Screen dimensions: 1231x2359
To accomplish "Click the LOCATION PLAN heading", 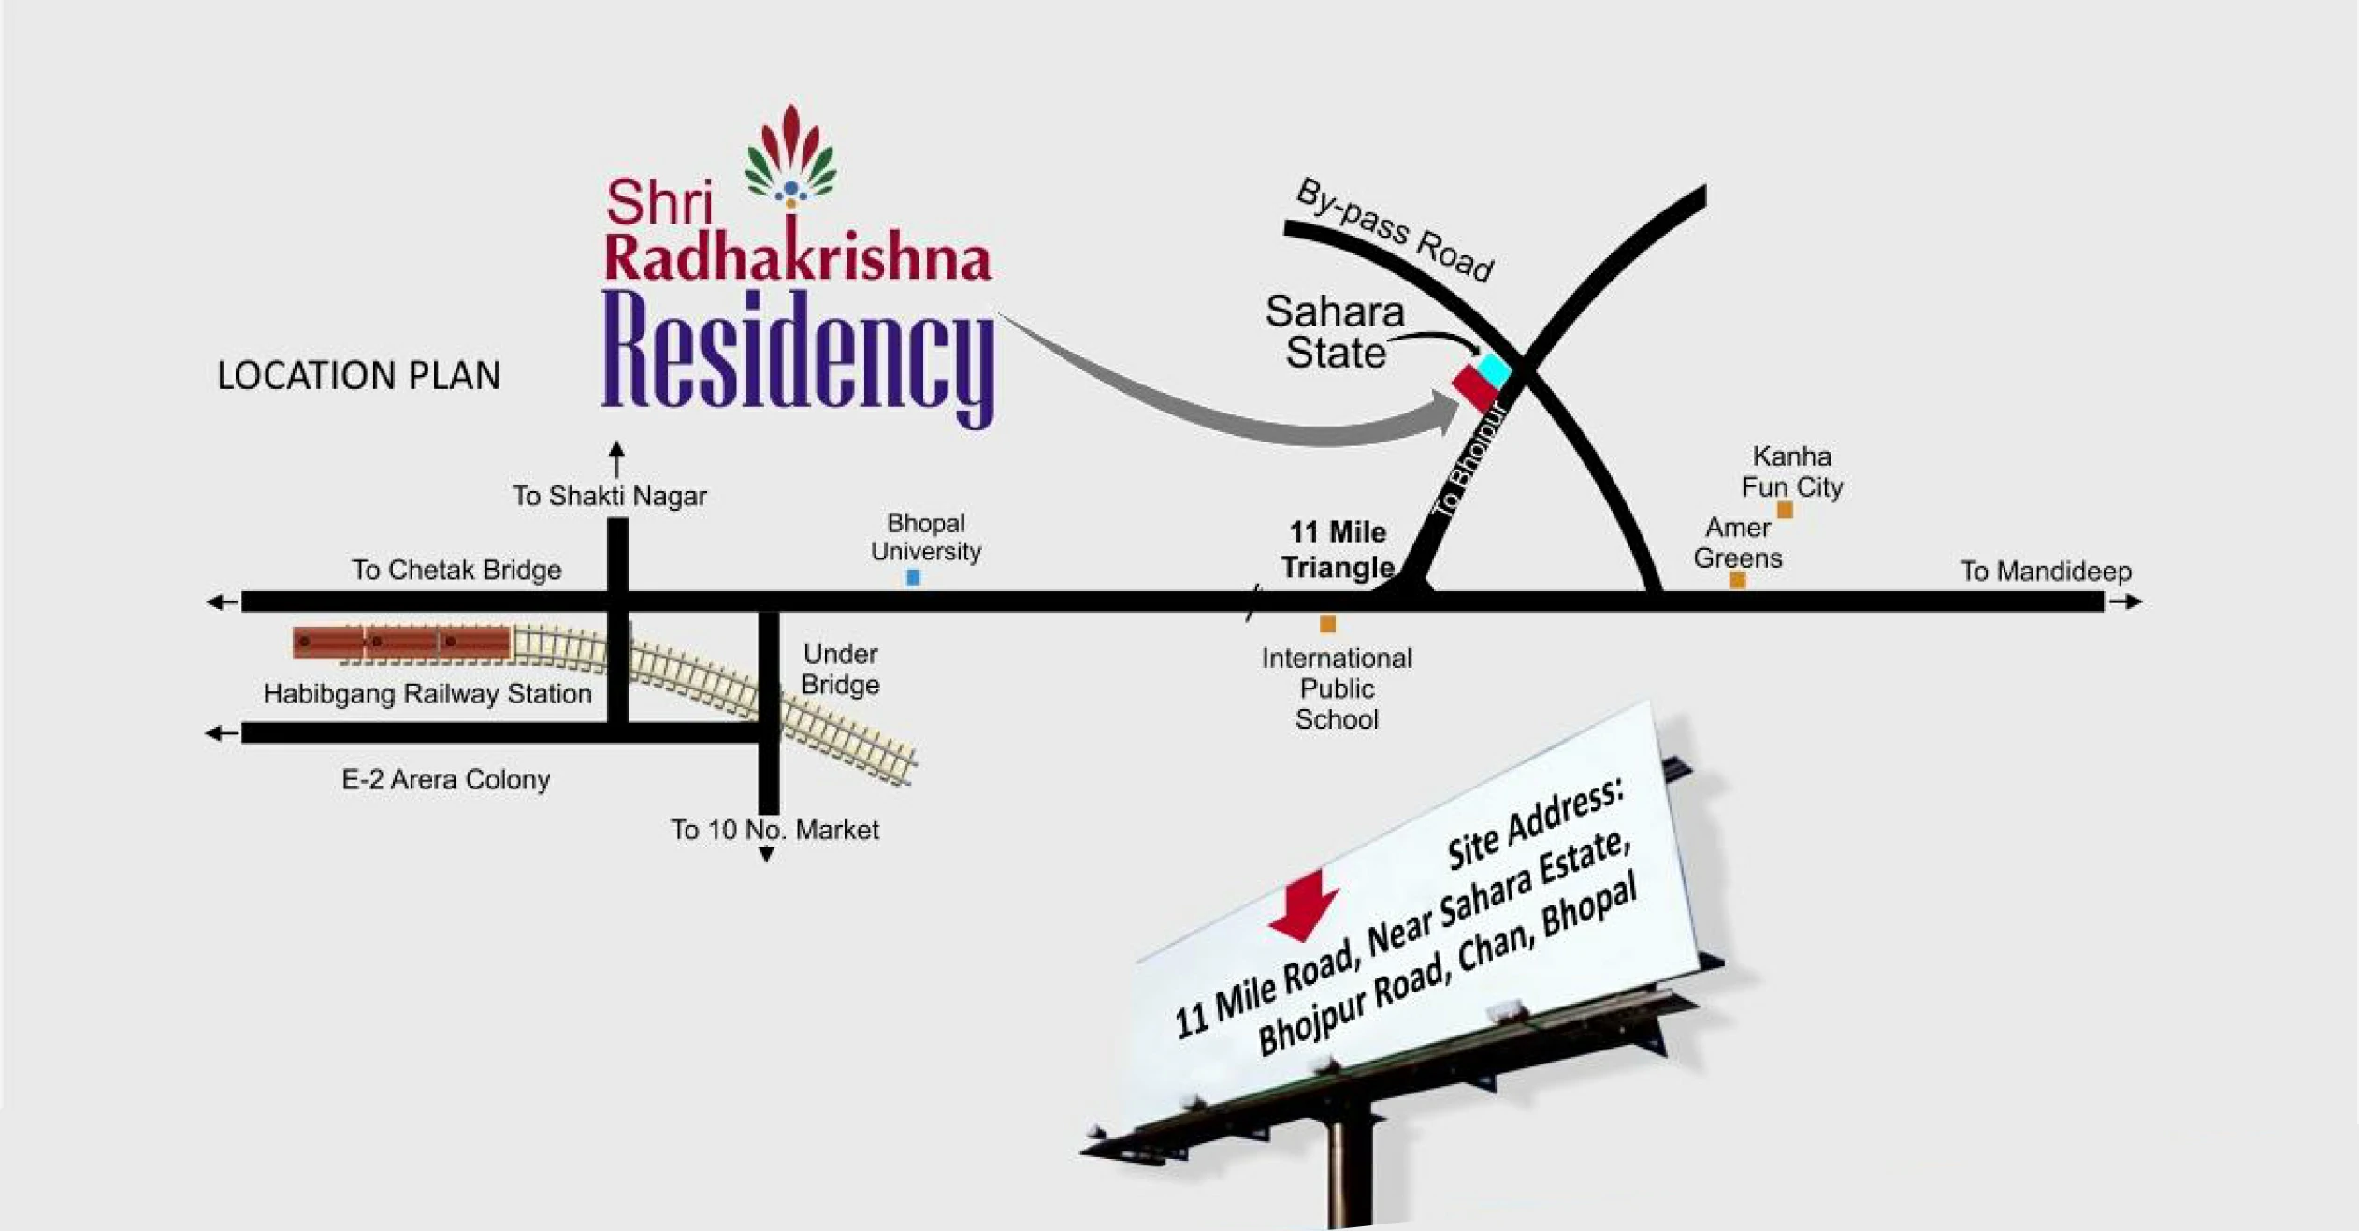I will pyautogui.click(x=358, y=375).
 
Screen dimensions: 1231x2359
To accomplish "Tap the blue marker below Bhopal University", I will pyautogui.click(x=913, y=578).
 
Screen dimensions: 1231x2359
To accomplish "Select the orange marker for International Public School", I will pyautogui.click(x=1327, y=624).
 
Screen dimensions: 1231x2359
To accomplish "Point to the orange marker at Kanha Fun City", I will pyautogui.click(x=1785, y=510).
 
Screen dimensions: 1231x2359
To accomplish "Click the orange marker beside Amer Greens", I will pyautogui.click(x=1737, y=580).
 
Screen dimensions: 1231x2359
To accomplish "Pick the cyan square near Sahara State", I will pyautogui.click(x=1494, y=369).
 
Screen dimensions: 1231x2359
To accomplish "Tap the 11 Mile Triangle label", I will pyautogui.click(x=1338, y=550).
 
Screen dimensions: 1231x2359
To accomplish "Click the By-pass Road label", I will pyautogui.click(x=1395, y=229).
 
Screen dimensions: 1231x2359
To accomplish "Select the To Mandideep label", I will pyautogui.click(x=2046, y=571).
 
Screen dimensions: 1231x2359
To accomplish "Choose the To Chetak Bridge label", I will pyautogui.click(x=456, y=570).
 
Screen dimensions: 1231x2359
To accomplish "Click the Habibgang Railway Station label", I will pyautogui.click(x=427, y=694).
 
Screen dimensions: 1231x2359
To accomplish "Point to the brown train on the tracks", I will pyautogui.click(x=401, y=642).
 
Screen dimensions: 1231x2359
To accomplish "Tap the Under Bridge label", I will pyautogui.click(x=840, y=669).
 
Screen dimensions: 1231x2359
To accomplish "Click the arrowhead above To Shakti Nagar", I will pyautogui.click(x=616, y=449).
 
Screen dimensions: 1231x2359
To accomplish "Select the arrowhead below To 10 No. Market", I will pyautogui.click(x=766, y=854).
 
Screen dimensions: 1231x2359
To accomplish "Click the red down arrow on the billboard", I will pyautogui.click(x=1303, y=905).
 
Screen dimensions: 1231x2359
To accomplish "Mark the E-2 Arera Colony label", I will pyautogui.click(x=445, y=779).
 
